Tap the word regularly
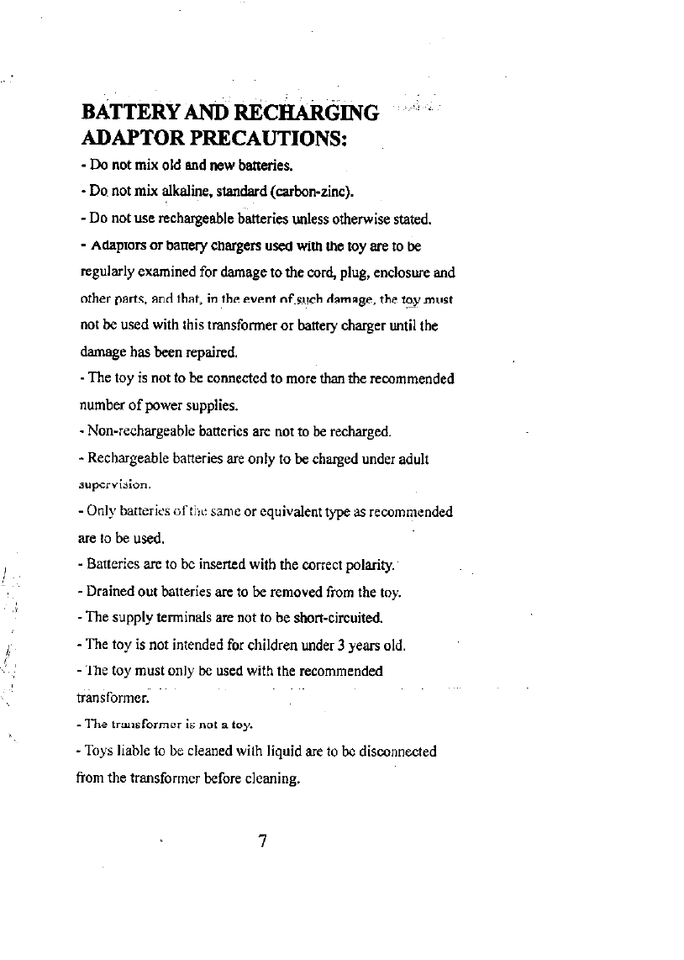(x=108, y=272)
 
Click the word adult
(x=413, y=459)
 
